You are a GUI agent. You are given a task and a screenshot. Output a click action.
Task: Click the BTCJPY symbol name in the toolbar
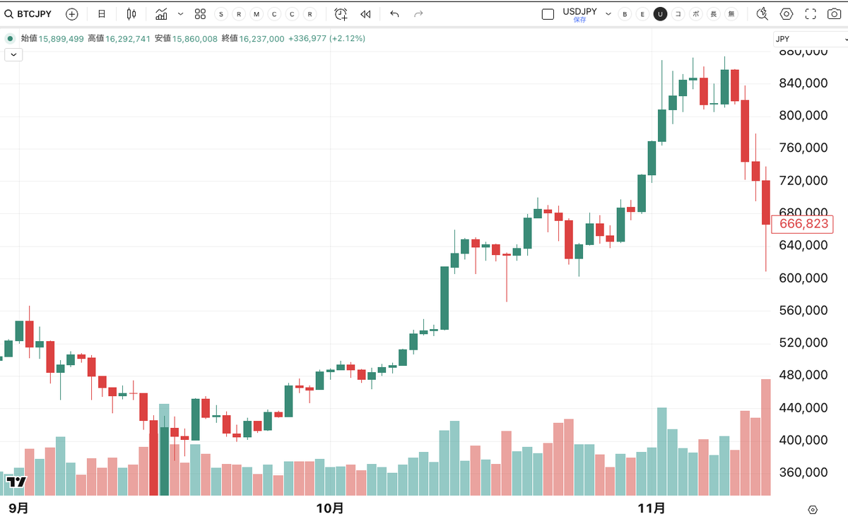[x=34, y=14]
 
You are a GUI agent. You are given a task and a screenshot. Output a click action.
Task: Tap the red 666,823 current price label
[x=803, y=224]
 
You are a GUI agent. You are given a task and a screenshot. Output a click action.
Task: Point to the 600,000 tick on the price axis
[x=803, y=278]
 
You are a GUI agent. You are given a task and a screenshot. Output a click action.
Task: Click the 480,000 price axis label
[x=803, y=376]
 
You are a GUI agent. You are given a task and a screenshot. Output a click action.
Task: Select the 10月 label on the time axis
[x=330, y=508]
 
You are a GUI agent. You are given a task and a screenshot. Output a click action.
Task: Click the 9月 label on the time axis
[x=18, y=508]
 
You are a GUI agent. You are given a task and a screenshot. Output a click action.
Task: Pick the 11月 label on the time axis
[x=652, y=508]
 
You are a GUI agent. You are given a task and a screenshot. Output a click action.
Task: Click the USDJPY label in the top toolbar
[x=579, y=11]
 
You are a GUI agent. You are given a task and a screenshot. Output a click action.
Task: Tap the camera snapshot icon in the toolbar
[x=834, y=14]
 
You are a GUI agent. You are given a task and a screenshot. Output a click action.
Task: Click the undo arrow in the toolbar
[x=394, y=14]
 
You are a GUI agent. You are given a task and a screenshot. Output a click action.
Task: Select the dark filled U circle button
[x=660, y=14]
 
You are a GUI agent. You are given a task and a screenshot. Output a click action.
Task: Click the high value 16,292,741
[x=128, y=39]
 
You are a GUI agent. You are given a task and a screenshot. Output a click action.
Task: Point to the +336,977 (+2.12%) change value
[x=326, y=39]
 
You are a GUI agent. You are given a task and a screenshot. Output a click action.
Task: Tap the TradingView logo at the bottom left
[x=16, y=482]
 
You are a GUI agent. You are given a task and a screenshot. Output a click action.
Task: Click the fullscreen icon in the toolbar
[x=811, y=14]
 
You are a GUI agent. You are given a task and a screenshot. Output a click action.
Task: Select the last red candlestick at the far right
[x=766, y=203]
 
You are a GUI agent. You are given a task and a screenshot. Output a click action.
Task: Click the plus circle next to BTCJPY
[x=71, y=14]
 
